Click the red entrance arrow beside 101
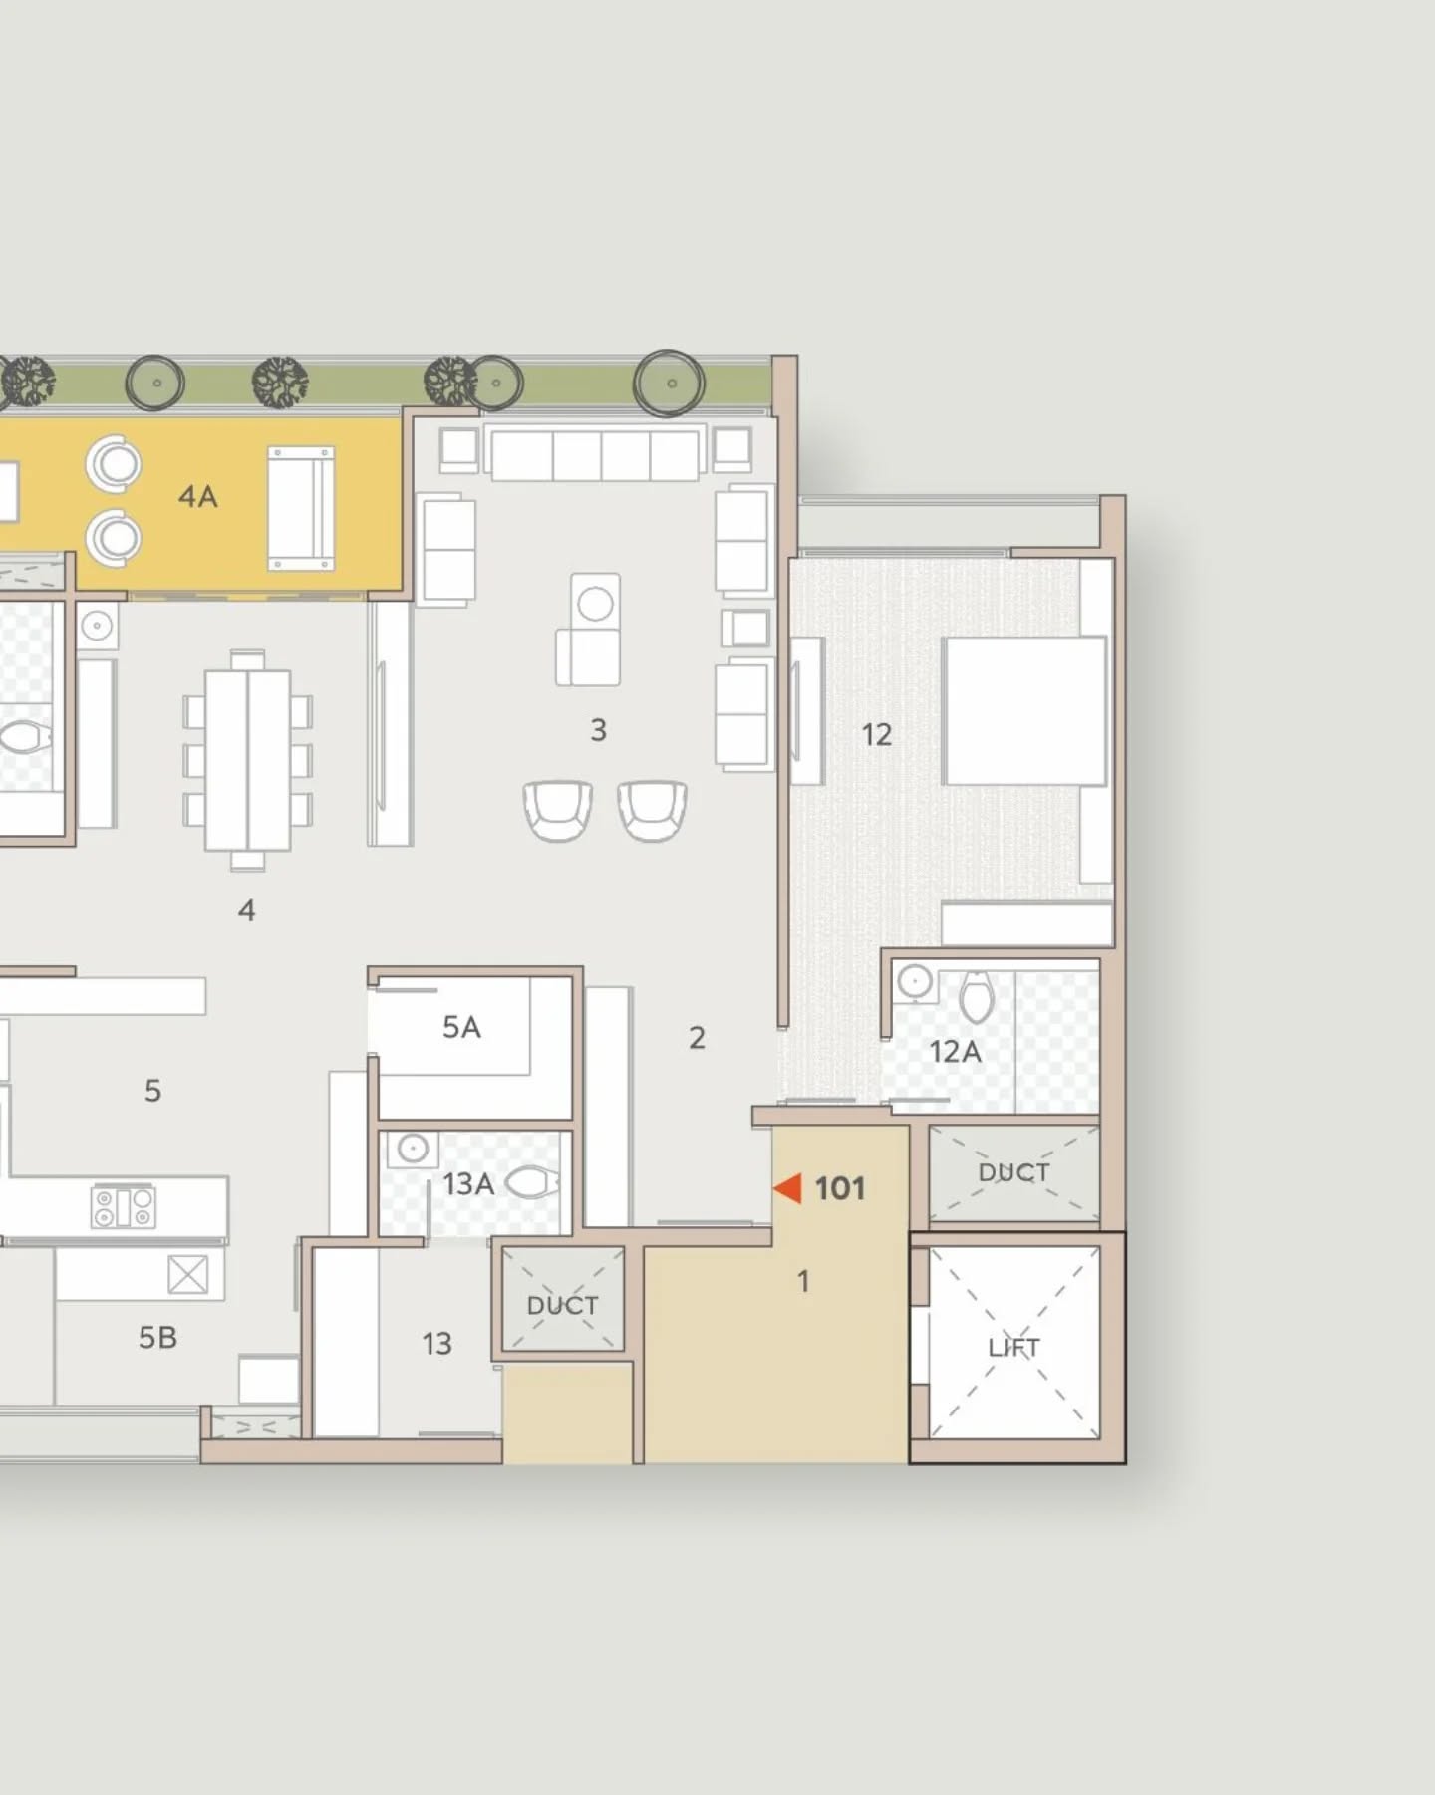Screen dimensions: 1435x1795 [788, 1188]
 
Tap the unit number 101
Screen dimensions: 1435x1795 [840, 1188]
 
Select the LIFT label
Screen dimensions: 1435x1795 [1013, 1348]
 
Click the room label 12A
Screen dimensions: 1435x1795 [955, 1051]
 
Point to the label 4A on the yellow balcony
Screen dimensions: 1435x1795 [197, 496]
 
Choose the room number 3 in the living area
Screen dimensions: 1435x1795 [598, 730]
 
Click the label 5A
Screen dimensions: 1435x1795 [461, 1027]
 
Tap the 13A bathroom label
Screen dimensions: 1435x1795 [468, 1184]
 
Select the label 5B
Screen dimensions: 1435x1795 [157, 1337]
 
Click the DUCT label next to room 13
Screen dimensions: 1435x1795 [563, 1305]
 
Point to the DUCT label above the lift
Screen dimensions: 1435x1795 [1013, 1172]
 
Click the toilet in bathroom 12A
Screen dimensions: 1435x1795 [977, 996]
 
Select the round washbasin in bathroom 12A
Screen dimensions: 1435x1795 [914, 982]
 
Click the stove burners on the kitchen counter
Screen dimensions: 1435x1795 [124, 1207]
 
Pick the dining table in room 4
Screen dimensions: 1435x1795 [248, 760]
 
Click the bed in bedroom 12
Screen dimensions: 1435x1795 [1025, 711]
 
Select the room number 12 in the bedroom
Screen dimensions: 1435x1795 [877, 735]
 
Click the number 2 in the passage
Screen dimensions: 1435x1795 [698, 1038]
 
